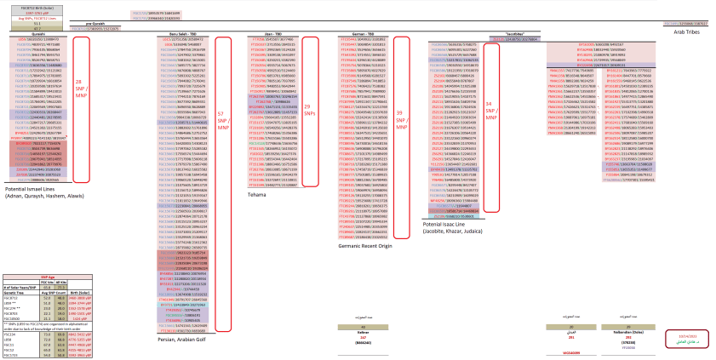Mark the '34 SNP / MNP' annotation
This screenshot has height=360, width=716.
point(489,106)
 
